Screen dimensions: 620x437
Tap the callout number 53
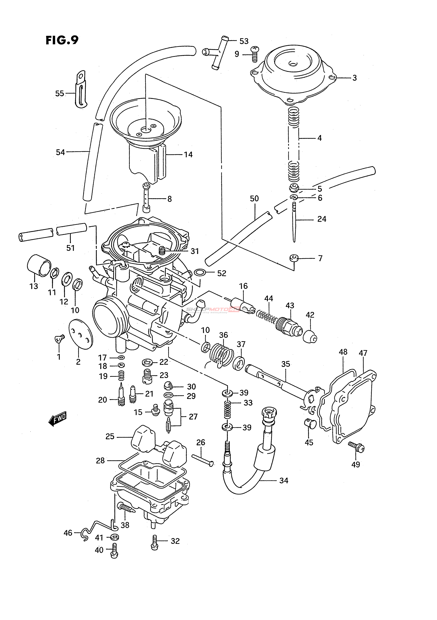(x=244, y=41)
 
